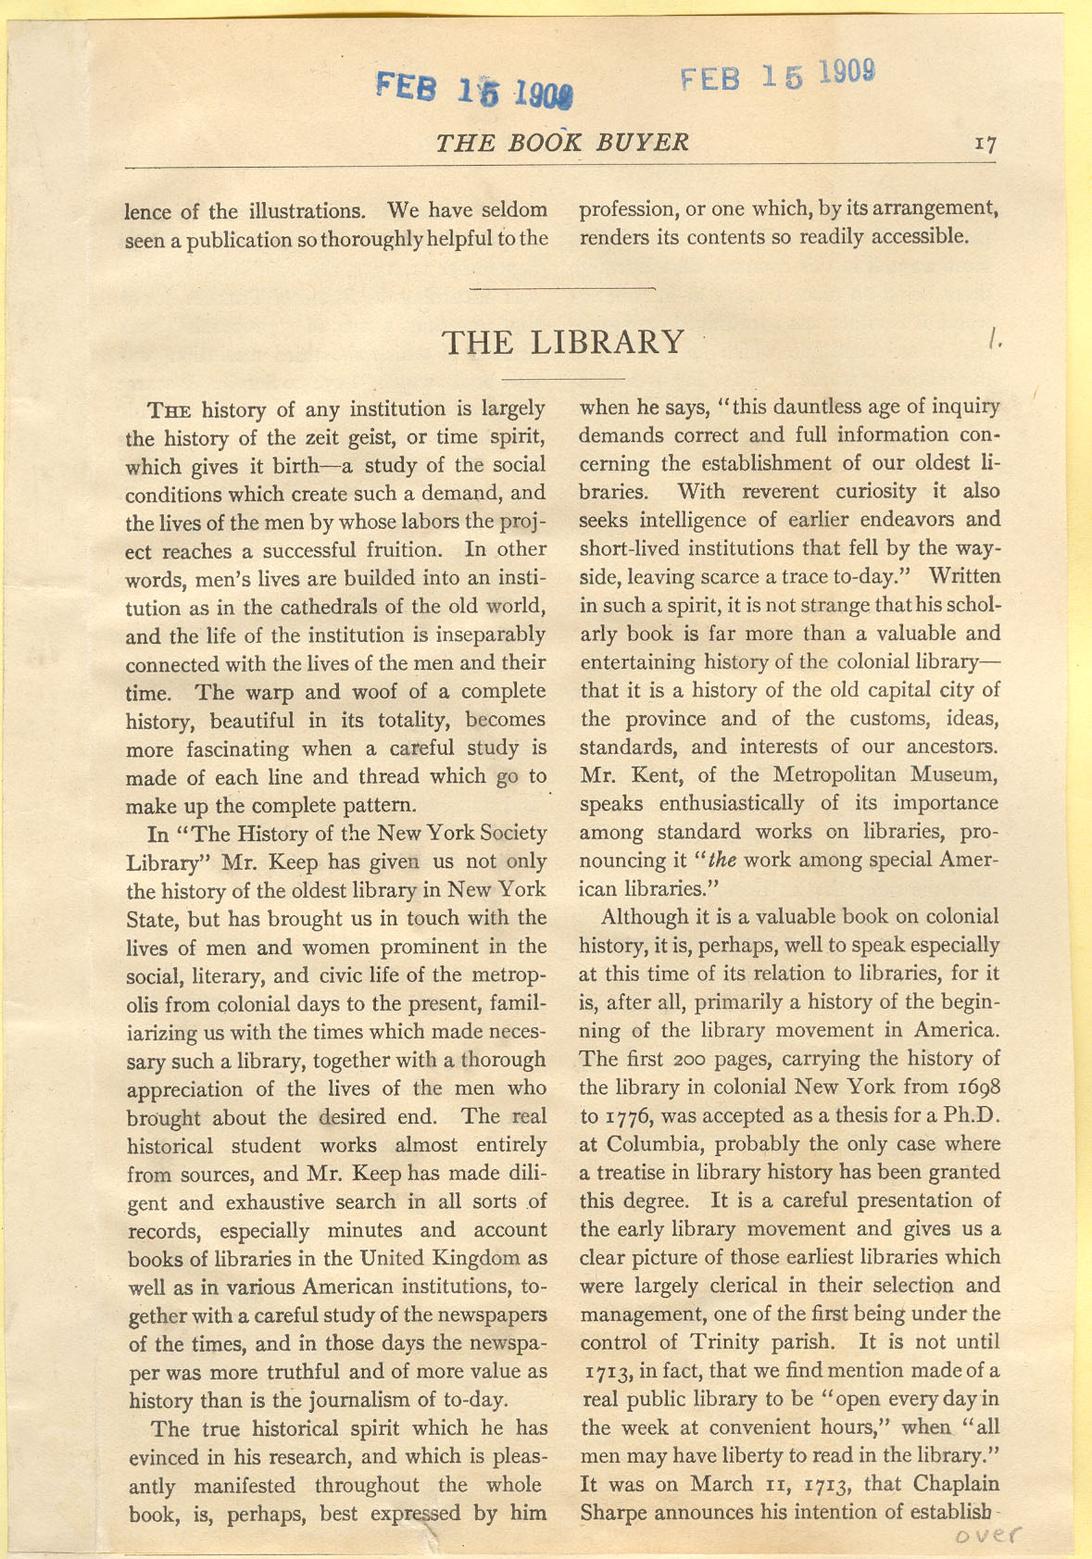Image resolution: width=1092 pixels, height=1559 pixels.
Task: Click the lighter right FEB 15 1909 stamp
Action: [x=778, y=76]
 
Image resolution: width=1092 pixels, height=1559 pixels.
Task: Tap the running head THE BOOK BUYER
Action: [x=562, y=142]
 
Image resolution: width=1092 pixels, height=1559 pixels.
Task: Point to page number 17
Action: [x=985, y=145]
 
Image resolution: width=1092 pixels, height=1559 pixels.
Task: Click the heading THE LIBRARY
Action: [x=563, y=342]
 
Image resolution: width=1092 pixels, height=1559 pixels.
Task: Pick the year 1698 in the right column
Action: [x=975, y=1086]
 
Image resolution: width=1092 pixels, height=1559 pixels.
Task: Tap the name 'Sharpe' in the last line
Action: [x=612, y=1512]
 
